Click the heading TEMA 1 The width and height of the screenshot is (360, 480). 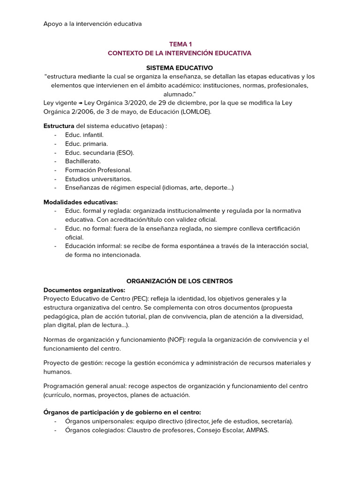180,44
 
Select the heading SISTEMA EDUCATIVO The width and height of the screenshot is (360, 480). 180,68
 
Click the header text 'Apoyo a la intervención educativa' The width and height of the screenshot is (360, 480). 92,23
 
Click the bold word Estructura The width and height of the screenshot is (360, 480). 59,126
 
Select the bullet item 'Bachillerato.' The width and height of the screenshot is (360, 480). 83,161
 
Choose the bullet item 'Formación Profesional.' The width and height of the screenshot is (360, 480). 98,170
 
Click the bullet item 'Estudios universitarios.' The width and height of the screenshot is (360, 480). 98,179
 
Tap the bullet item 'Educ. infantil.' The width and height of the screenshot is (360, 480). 84,135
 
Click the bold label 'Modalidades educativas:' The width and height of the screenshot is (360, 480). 81,202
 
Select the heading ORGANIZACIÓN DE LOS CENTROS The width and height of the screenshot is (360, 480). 180,281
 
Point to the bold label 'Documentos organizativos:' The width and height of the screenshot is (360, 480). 84,290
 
